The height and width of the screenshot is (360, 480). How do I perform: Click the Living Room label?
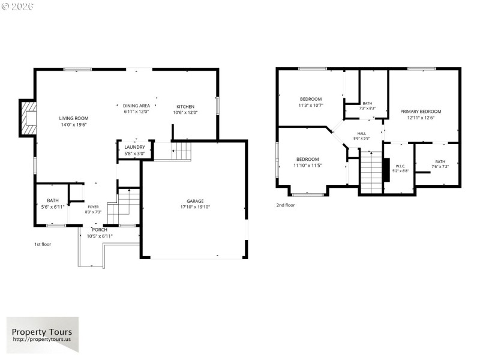pyautogui.click(x=73, y=118)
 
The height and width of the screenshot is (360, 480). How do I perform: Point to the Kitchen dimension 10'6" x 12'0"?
pyautogui.click(x=185, y=112)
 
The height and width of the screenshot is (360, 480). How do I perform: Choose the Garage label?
pyautogui.click(x=195, y=201)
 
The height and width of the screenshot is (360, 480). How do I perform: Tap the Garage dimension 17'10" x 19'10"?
pyautogui.click(x=195, y=207)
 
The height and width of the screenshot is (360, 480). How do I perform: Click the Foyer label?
pyautogui.click(x=94, y=206)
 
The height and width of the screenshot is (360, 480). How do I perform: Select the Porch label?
pyautogui.click(x=100, y=230)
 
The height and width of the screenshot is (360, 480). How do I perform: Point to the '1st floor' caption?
pyautogui.click(x=43, y=244)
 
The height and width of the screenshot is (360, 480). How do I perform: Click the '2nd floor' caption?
pyautogui.click(x=285, y=205)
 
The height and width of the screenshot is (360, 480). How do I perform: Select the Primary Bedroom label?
pyautogui.click(x=421, y=112)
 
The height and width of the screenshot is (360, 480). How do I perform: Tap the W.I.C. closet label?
pyautogui.click(x=400, y=166)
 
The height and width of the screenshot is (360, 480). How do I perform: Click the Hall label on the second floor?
pyautogui.click(x=361, y=134)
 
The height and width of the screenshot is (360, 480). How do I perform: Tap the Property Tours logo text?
pyautogui.click(x=42, y=332)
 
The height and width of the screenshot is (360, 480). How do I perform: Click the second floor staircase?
pyautogui.click(x=371, y=174)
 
